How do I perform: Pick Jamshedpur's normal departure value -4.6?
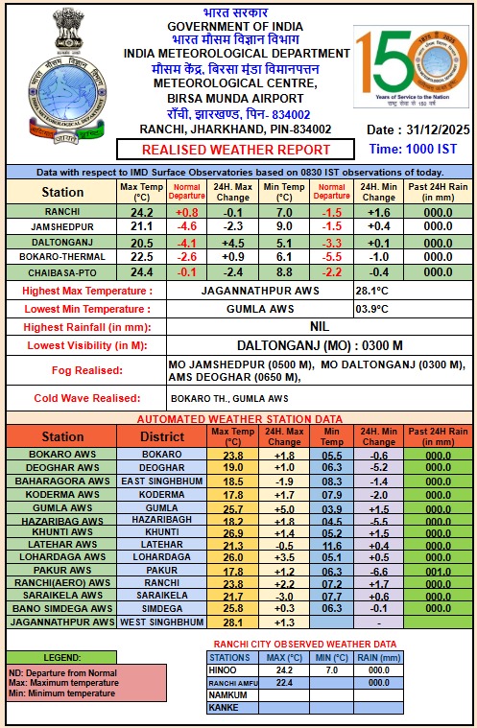point(188,226)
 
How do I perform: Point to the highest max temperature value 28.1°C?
point(372,290)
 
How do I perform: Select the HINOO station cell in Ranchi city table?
point(230,669)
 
